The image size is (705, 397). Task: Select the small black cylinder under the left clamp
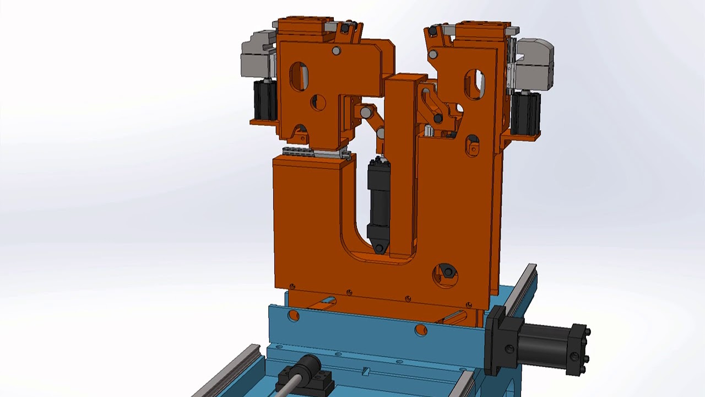coord(265,100)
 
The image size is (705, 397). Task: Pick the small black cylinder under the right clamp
coord(525,112)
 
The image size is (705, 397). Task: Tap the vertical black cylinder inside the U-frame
coord(378,198)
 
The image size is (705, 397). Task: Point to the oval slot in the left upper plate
coord(299,76)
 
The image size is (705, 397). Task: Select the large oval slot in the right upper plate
coord(475,84)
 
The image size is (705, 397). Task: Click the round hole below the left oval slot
coord(318,103)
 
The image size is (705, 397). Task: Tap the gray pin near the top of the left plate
coord(336,51)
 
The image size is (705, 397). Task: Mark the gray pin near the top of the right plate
coord(433,54)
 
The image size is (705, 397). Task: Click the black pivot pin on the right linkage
coord(438,119)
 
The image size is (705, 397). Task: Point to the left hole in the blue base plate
coord(293,316)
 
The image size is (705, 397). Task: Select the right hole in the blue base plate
coord(421,330)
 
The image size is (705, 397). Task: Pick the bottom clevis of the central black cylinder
coord(379,247)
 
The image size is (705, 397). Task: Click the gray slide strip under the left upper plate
coord(316,153)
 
